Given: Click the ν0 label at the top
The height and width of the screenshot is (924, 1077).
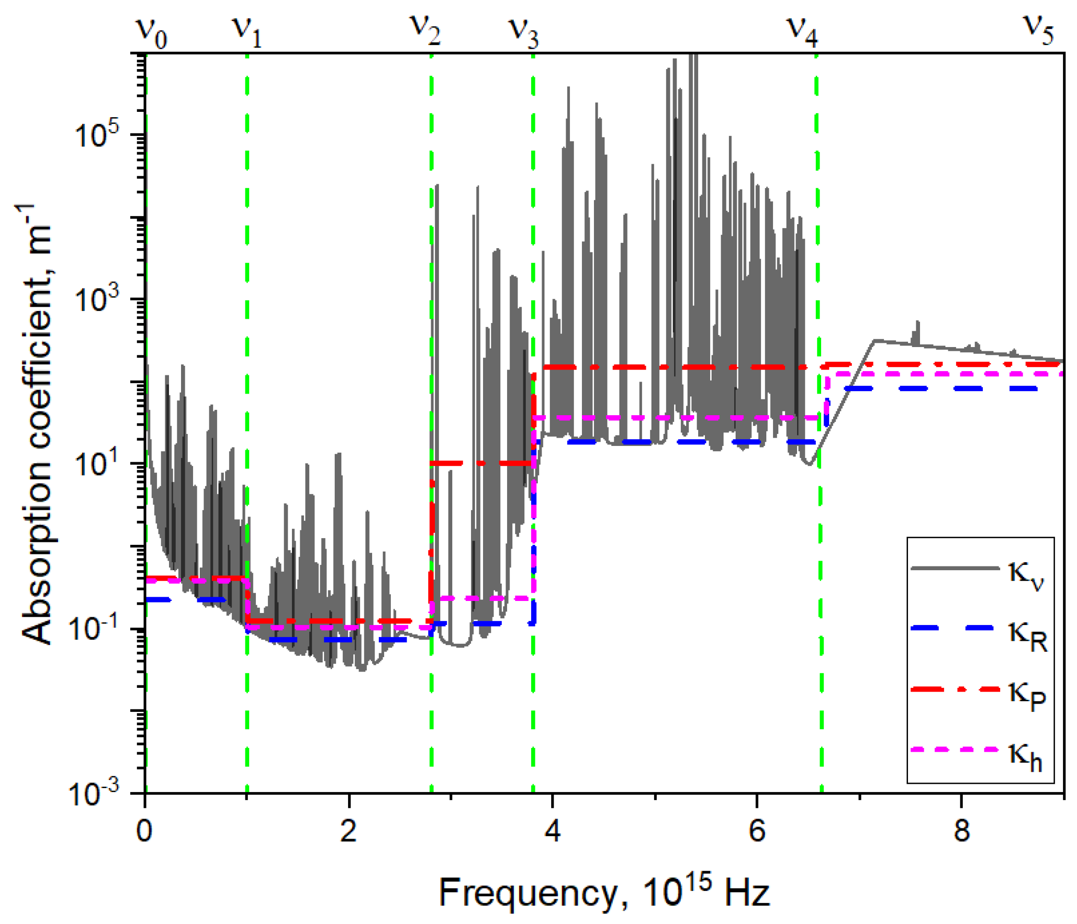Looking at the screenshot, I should point(151,32).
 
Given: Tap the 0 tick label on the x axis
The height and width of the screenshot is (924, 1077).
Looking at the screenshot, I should point(145,830).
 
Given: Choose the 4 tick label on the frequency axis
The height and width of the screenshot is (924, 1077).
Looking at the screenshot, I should point(553,830).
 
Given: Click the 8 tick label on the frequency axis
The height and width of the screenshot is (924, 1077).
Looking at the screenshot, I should point(961,830).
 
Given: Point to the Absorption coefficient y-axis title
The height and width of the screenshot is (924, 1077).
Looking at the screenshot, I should point(36,423).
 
